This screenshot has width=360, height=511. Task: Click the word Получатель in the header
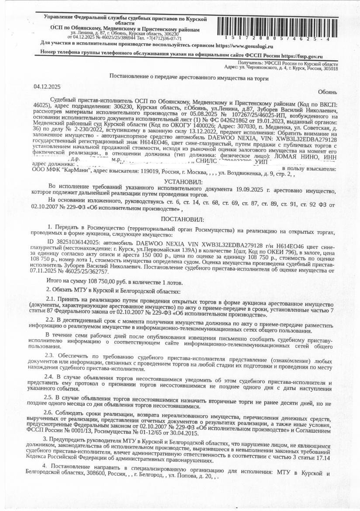(251, 63)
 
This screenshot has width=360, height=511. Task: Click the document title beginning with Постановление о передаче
(189, 77)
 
